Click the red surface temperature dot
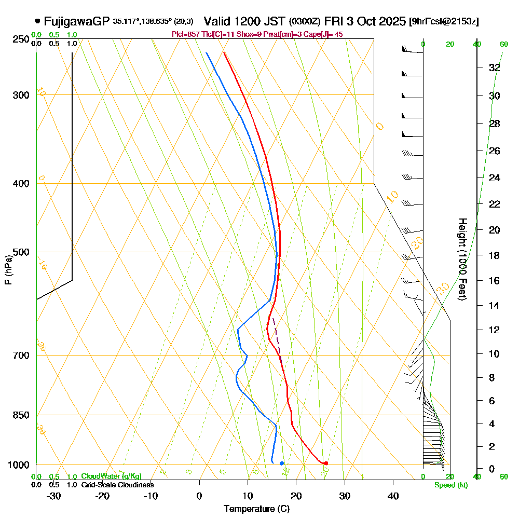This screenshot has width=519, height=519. click(x=326, y=463)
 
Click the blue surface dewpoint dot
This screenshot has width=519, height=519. click(x=282, y=463)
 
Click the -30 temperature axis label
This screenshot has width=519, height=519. click(x=54, y=496)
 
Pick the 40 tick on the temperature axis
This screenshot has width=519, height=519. click(x=393, y=496)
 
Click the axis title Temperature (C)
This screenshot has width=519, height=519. click(x=256, y=509)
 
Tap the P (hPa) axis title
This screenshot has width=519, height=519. click(x=8, y=269)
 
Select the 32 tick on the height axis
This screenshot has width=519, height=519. click(x=494, y=67)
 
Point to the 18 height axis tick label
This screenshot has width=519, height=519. click(x=494, y=255)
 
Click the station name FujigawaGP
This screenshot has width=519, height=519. click(x=77, y=21)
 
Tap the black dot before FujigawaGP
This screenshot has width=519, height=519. click(x=37, y=21)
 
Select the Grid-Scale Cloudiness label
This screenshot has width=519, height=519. click(x=117, y=485)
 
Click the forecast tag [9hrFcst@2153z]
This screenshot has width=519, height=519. click(x=444, y=22)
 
